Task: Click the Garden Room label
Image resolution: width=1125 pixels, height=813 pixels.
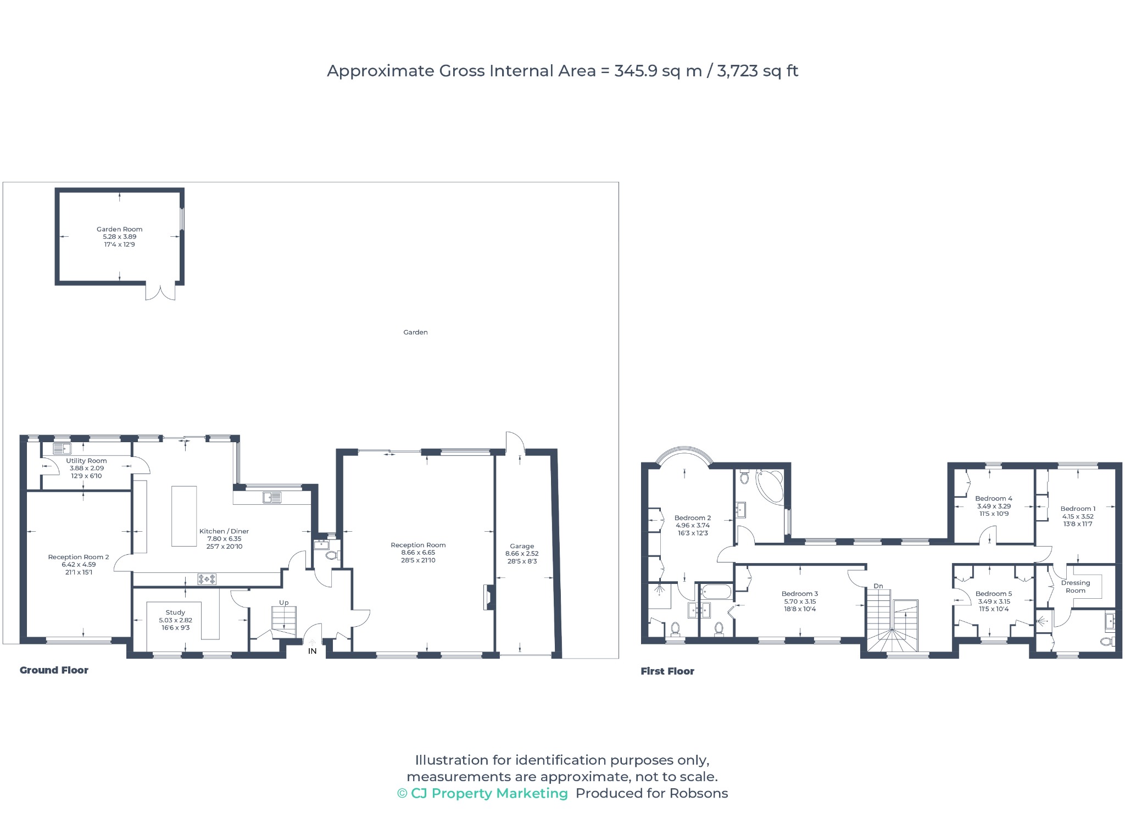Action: click(119, 230)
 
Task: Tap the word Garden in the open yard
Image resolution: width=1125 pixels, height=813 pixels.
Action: click(415, 332)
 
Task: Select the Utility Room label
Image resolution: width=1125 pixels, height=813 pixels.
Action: click(87, 461)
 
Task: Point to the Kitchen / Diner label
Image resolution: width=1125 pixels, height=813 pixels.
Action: click(224, 531)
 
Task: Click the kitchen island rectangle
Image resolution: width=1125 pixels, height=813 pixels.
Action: click(184, 516)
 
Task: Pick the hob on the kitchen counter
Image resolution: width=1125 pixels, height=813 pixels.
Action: click(207, 579)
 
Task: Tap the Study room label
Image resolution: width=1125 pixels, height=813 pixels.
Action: click(175, 612)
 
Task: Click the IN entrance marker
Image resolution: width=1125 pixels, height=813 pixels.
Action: click(312, 651)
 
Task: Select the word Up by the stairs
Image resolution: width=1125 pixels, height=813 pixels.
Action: click(284, 603)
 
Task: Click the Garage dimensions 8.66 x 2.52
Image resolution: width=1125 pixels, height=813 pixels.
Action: click(522, 554)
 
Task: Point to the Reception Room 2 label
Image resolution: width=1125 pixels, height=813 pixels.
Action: click(79, 557)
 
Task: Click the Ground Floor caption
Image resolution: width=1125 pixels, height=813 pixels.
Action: click(54, 670)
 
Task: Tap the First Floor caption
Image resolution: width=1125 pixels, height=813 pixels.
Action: click(667, 671)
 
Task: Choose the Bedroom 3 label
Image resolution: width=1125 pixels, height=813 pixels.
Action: click(800, 594)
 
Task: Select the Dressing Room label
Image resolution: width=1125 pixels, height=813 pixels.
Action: click(1076, 587)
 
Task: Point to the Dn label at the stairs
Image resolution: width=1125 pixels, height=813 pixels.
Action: click(878, 586)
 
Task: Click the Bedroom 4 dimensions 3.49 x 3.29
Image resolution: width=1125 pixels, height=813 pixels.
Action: click(994, 506)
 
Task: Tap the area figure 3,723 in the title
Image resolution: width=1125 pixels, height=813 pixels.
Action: click(737, 71)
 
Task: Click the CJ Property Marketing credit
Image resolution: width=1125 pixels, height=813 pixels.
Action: click(482, 793)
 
